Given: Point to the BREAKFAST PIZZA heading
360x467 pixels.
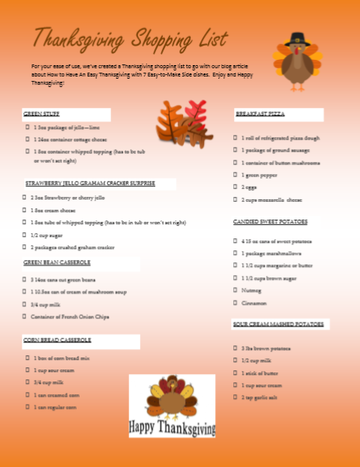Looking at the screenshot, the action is pos(259,115).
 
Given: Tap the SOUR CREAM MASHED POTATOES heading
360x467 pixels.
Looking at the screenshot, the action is pos(277,324).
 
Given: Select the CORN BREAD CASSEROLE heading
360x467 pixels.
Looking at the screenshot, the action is pos(57,340).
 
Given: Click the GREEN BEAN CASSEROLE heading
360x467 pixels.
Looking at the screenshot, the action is pos(57,262).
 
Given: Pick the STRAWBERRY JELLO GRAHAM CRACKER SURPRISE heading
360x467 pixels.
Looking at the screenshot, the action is pos(89,183).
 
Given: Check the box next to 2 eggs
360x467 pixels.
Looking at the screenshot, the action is pos(235,187).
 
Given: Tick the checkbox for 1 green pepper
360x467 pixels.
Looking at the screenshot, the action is pos(235,175).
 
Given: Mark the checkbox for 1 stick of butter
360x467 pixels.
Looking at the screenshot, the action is pos(235,373).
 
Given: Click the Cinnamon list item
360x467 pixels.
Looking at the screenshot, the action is pos(254,303).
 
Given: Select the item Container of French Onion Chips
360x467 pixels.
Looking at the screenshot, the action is pos(70,317).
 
